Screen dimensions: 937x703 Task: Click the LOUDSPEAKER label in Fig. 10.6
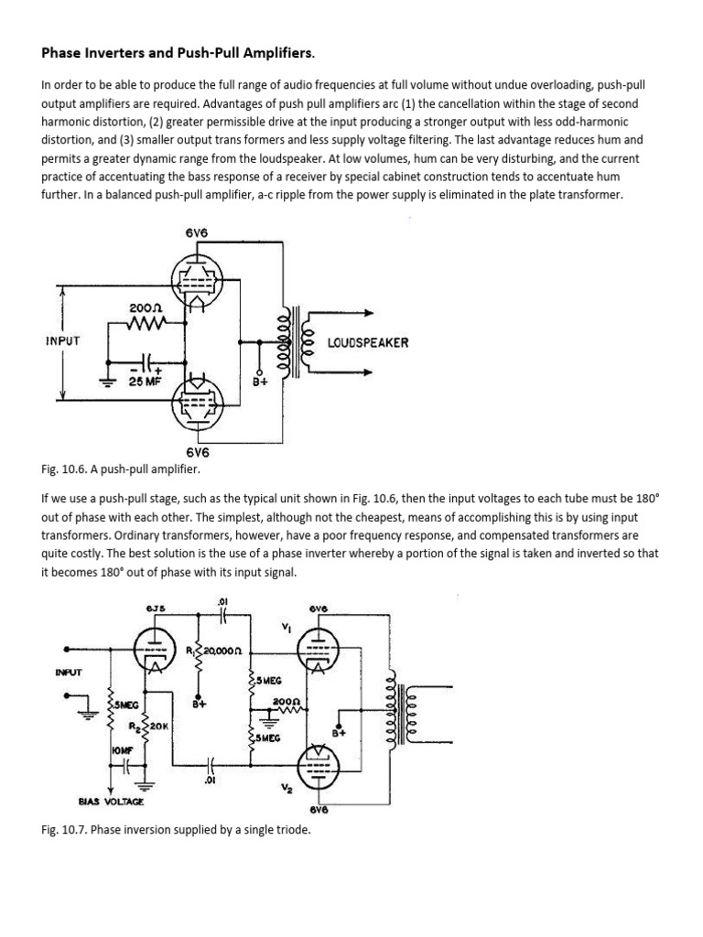[x=368, y=342]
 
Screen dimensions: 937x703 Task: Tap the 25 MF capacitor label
[x=144, y=382]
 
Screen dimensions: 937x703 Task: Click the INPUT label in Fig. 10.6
[x=62, y=340]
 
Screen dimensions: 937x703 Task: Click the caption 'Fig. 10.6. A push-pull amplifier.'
[x=121, y=468]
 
